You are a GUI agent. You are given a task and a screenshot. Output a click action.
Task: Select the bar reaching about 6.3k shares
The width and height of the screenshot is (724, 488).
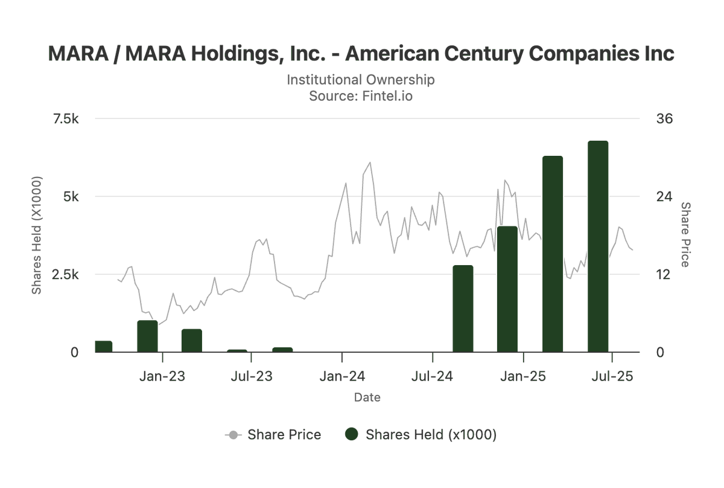point(553,254)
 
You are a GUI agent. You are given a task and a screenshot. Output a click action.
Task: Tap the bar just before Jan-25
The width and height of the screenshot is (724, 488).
point(507,289)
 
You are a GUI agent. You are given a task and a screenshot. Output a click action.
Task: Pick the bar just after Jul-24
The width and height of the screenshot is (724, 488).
point(463,308)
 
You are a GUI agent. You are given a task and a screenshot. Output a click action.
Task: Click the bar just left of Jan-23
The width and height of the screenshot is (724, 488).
point(147,336)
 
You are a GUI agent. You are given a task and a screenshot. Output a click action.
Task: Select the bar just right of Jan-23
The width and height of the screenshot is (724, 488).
point(192,340)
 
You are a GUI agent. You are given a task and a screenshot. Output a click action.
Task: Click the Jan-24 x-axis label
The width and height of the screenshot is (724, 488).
point(342,377)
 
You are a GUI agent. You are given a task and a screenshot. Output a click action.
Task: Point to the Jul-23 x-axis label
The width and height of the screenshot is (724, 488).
point(251,377)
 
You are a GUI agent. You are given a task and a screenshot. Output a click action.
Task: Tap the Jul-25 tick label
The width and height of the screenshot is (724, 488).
point(612,377)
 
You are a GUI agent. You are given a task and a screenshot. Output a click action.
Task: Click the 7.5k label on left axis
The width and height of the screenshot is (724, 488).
point(66,119)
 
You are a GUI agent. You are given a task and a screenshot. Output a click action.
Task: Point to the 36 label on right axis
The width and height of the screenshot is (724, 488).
point(664,119)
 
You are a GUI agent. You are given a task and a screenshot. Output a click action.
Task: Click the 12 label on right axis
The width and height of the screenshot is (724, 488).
point(663,274)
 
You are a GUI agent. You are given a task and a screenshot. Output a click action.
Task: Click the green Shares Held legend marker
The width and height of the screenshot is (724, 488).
point(352,435)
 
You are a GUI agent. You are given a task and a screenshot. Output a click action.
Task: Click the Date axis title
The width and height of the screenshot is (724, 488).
point(367,397)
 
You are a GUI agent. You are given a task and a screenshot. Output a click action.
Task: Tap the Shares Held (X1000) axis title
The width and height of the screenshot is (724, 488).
point(37,236)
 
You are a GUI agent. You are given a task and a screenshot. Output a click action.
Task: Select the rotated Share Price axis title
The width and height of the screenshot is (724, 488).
point(685,234)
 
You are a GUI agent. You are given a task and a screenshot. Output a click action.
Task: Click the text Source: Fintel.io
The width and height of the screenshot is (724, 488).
point(361,95)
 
